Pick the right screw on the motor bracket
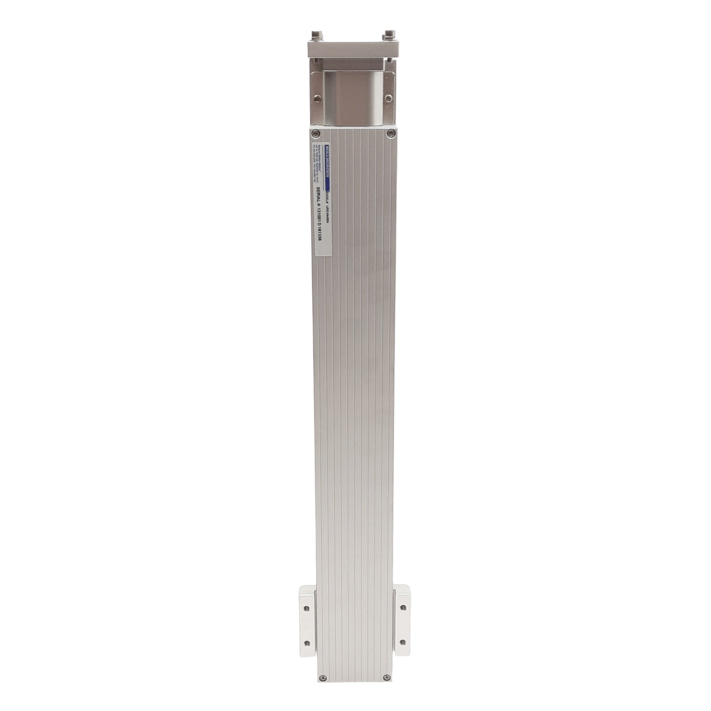pos(389,98)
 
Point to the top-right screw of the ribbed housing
pos(390,133)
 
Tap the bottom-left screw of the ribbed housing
pos(323,678)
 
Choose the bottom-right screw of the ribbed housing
pos(385,678)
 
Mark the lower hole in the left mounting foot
pos(307,642)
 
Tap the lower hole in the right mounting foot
pos(403,642)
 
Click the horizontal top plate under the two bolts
pos(352,49)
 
